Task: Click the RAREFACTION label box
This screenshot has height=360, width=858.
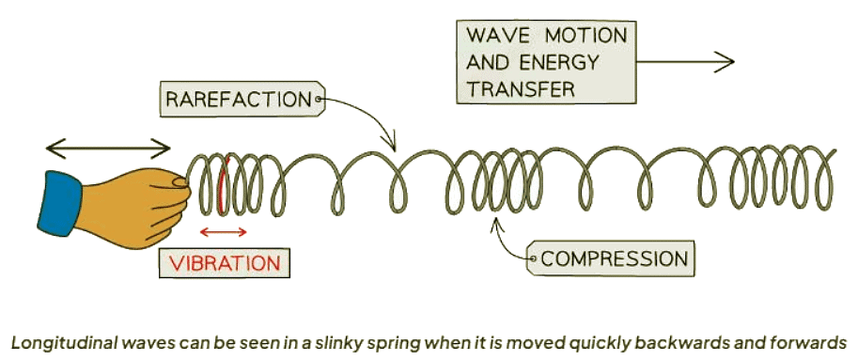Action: (239, 98)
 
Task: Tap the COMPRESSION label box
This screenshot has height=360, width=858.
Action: (612, 257)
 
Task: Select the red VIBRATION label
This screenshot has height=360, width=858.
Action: (224, 261)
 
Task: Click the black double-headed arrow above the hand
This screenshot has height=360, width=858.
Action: (109, 148)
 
